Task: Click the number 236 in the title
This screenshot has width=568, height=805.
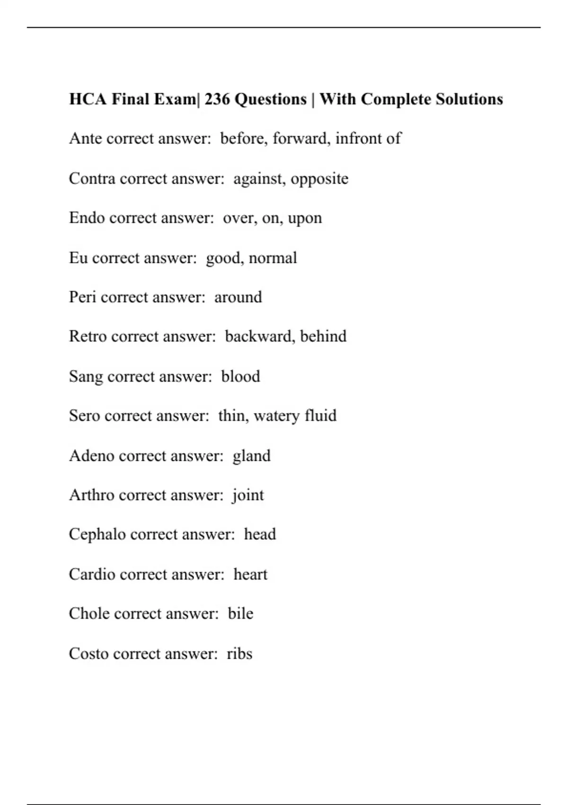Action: [217, 99]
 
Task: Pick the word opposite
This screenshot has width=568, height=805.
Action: [319, 179]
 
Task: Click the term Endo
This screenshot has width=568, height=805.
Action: [87, 218]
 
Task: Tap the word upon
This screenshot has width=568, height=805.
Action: [305, 219]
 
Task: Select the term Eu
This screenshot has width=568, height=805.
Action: [78, 258]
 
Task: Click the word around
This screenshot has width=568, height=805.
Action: [238, 297]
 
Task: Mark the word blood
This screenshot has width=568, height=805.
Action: [240, 376]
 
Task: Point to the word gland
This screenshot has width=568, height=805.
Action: [251, 456]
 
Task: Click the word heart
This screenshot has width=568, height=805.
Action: [250, 574]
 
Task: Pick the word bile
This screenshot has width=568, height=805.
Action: [240, 614]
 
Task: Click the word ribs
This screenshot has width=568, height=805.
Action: [240, 654]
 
